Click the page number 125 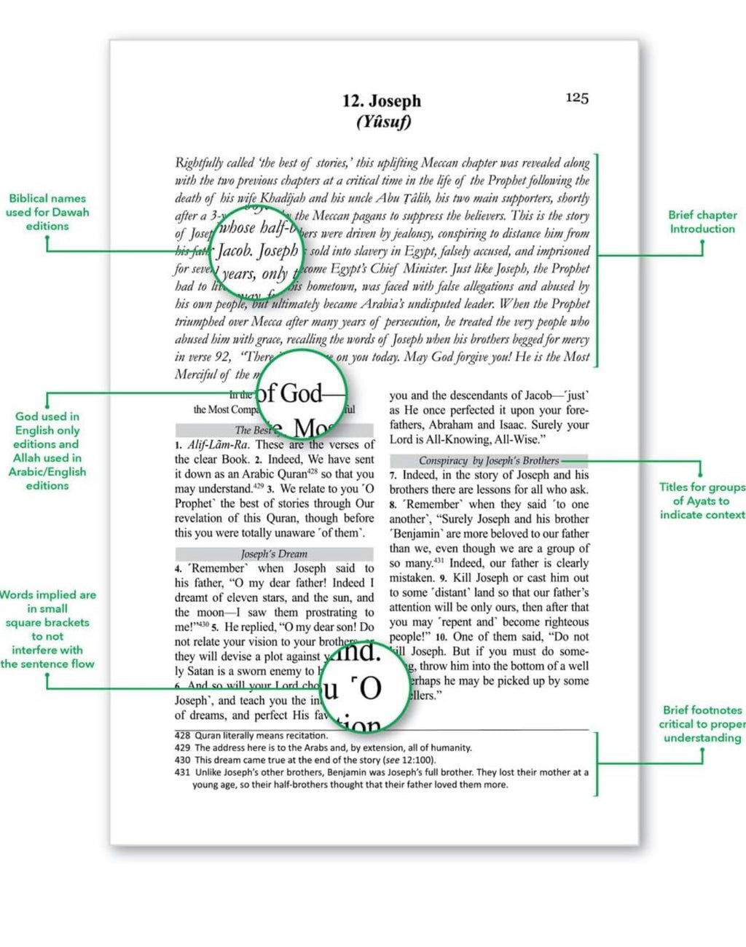pyautogui.click(x=577, y=98)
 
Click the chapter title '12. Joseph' pyautogui.click(x=382, y=101)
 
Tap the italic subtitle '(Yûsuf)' pyautogui.click(x=383, y=122)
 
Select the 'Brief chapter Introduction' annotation pyautogui.click(x=702, y=221)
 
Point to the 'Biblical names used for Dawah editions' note pyautogui.click(x=47, y=212)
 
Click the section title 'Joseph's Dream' pyautogui.click(x=274, y=554)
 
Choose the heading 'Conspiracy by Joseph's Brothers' pyautogui.click(x=489, y=460)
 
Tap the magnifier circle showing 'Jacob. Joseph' pyautogui.click(x=257, y=252)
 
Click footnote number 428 pyautogui.click(x=182, y=736)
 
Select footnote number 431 pyautogui.click(x=182, y=772)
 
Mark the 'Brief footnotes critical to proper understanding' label pyautogui.click(x=702, y=723)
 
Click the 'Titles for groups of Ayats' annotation pyautogui.click(x=702, y=500)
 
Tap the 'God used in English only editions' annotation pyautogui.click(x=47, y=450)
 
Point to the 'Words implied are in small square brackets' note pyautogui.click(x=47, y=629)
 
